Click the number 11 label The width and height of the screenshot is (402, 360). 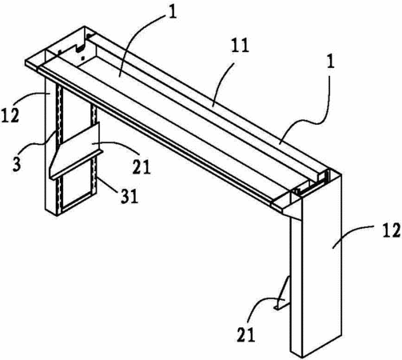[x=240, y=46]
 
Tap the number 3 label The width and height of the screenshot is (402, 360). [x=17, y=164]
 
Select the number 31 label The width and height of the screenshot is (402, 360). [x=129, y=197]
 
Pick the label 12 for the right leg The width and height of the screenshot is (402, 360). [x=392, y=230]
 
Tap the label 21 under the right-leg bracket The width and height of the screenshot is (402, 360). [x=246, y=335]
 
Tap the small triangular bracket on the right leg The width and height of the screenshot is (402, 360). [x=282, y=294]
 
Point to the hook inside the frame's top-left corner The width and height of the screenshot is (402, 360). [x=80, y=48]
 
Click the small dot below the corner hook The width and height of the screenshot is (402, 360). [x=83, y=58]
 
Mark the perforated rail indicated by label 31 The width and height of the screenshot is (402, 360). [x=94, y=150]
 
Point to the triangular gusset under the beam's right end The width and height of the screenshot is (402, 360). [x=292, y=214]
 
